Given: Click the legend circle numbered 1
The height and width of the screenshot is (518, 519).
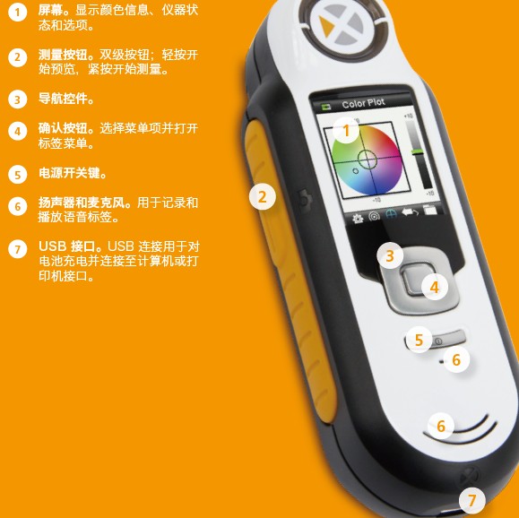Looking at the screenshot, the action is [18, 13].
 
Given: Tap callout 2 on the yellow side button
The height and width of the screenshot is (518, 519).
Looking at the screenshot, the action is [262, 197].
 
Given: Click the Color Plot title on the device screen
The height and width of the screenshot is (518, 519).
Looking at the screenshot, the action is [363, 104].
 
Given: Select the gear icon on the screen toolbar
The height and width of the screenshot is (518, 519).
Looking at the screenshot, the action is [358, 219].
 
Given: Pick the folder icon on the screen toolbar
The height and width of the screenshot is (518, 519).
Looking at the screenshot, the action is [429, 210].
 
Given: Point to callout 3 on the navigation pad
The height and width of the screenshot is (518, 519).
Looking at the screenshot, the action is [390, 255].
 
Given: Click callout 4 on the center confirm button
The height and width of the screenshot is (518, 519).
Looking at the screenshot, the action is [435, 287].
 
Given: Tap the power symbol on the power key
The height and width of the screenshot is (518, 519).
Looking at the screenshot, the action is [438, 341].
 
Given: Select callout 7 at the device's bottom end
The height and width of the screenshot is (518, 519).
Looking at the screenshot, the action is [472, 500].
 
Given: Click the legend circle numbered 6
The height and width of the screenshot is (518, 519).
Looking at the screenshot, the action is [18, 206].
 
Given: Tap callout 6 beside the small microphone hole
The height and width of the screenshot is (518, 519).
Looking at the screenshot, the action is [456, 359].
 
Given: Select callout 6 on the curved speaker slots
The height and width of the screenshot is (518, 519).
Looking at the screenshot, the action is [440, 426].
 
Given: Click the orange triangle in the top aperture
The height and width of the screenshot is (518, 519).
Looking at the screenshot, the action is [326, 26].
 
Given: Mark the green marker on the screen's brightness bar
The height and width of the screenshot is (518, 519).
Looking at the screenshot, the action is [418, 151].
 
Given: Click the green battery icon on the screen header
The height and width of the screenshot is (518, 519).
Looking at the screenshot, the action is [326, 107].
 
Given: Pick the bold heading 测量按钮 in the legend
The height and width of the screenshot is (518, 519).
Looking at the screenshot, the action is [64, 55].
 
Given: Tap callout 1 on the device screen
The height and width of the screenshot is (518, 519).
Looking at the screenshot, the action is [346, 131].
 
